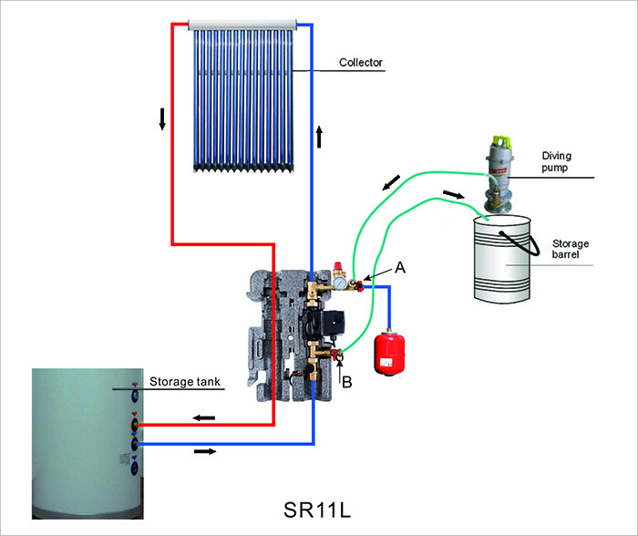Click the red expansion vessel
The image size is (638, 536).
(389, 351)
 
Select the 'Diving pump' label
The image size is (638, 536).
(558, 162)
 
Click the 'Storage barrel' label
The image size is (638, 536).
(571, 250)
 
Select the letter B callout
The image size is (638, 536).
(347, 384)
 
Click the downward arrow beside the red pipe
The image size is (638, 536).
(162, 119)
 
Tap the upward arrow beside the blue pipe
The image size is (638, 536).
(320, 138)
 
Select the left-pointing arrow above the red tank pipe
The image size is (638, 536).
(203, 417)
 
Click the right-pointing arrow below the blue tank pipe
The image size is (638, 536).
(206, 452)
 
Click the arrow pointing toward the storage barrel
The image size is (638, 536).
(452, 195)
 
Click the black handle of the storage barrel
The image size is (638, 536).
(511, 224)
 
